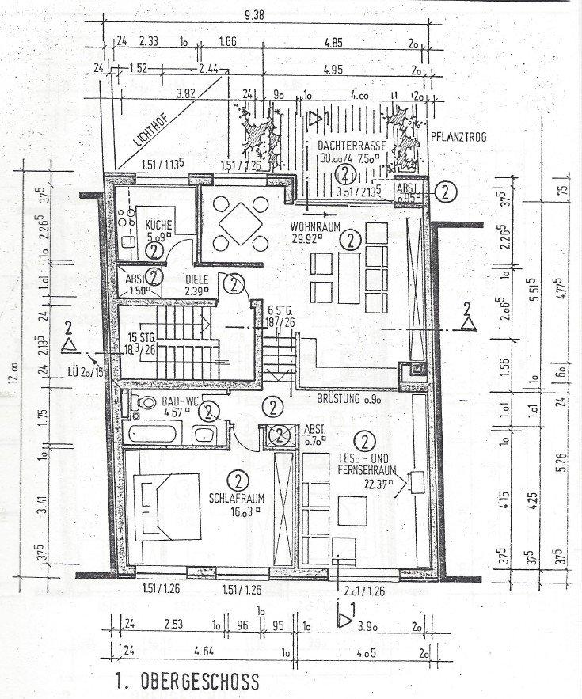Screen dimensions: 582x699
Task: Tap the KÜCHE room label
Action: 158,224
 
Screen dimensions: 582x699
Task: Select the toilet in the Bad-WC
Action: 145,402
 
